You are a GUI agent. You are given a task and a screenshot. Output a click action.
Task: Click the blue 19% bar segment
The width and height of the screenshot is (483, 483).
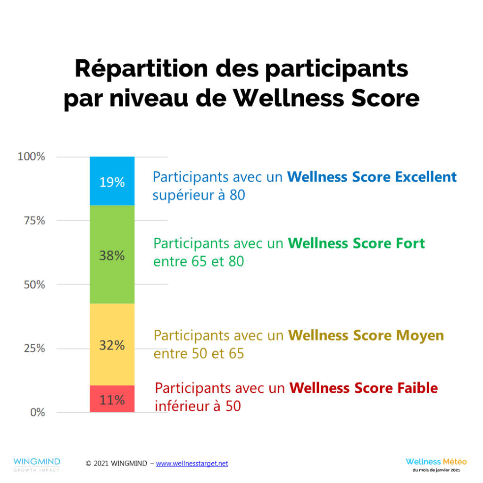[112, 181]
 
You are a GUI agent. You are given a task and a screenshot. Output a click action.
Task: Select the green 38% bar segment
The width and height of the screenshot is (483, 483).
[112, 255]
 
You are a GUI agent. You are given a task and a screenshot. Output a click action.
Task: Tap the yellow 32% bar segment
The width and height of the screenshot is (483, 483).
[112, 344]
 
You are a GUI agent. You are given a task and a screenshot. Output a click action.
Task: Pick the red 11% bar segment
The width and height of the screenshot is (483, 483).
[112, 399]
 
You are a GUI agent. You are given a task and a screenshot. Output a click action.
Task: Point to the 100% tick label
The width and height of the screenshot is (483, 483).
[32, 157]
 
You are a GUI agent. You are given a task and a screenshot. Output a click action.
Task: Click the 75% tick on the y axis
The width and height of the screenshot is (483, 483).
[34, 221]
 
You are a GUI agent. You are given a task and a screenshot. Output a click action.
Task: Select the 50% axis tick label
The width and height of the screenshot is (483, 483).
[34, 284]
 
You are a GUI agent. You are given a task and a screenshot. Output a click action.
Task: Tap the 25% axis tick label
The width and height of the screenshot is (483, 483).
[34, 349]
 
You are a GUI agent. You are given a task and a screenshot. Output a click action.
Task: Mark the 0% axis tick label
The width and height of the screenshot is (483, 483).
[37, 412]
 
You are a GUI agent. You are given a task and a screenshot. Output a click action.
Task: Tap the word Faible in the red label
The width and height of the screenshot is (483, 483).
[415, 388]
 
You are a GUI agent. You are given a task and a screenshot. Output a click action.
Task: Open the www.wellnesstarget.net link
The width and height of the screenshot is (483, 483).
[192, 464]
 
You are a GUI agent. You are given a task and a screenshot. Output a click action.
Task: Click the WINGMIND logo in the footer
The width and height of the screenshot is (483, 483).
[37, 464]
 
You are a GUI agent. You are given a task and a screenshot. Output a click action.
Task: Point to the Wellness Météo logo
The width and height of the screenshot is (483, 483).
[436, 464]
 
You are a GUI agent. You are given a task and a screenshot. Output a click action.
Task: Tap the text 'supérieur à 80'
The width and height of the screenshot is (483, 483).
[199, 195]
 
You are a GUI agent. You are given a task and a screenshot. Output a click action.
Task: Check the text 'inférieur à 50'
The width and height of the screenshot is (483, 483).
[198, 406]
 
